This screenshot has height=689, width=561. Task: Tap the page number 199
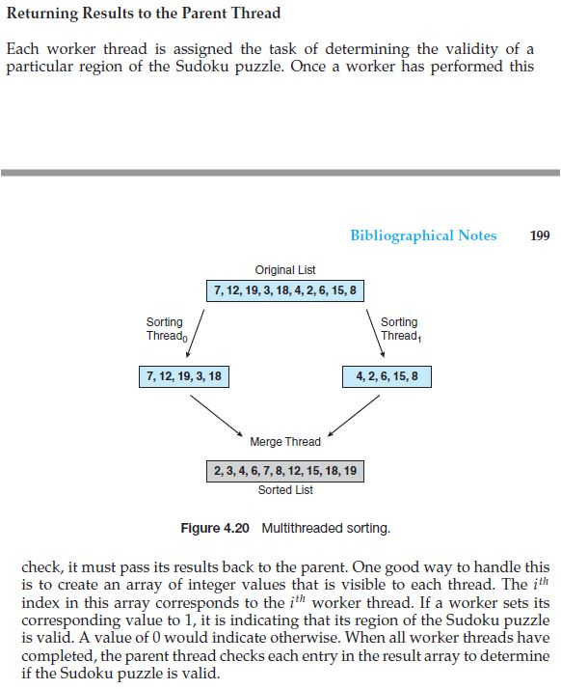[540, 235]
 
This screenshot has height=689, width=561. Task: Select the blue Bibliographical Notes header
[423, 235]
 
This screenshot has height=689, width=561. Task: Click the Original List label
[284, 270]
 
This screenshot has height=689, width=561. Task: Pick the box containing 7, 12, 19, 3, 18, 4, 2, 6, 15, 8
[285, 290]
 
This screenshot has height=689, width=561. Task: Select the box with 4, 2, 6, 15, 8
[386, 375]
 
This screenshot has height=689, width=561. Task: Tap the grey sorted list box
[285, 471]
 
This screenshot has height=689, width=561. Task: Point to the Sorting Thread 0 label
[165, 329]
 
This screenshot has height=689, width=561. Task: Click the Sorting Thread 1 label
[400, 329]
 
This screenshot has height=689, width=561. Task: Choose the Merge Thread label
[285, 442]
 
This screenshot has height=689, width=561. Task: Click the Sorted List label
[285, 490]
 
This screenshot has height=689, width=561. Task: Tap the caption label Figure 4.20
[215, 529]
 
